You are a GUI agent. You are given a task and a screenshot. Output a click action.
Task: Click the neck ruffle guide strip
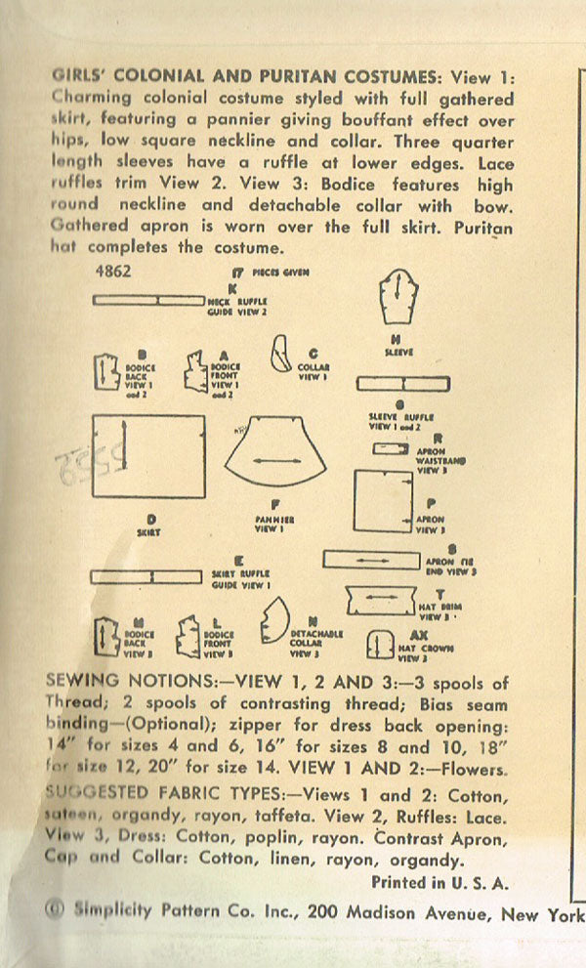tap(147, 301)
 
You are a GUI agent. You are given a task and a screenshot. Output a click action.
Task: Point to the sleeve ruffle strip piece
tap(401, 384)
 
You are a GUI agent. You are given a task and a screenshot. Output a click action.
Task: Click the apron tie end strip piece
tap(371, 559)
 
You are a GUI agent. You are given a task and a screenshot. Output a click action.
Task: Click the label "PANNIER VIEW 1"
tap(267, 524)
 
